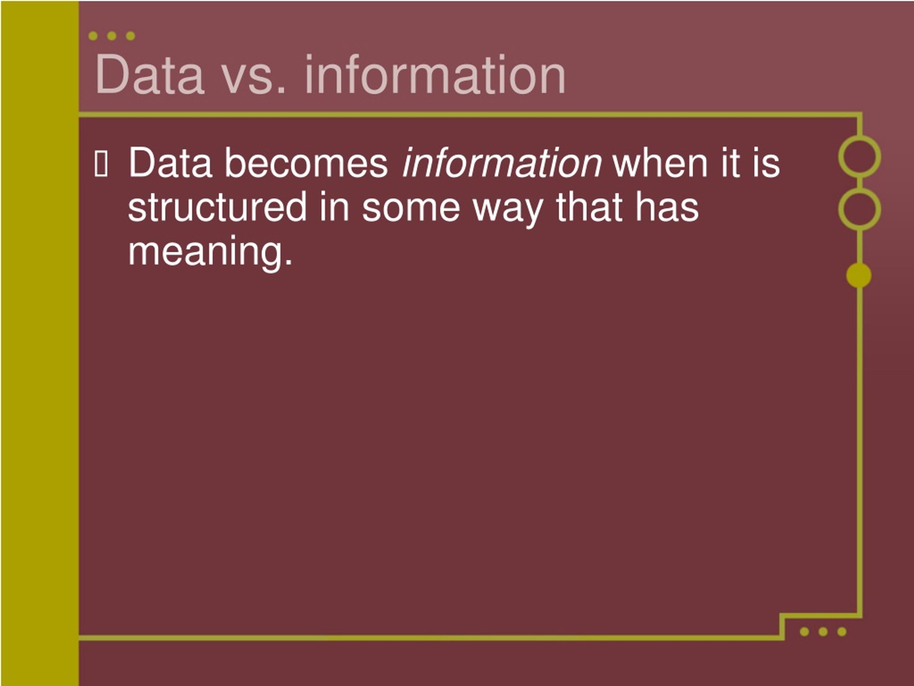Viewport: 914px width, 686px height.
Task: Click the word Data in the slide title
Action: [150, 75]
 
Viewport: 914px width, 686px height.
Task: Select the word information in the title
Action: [435, 75]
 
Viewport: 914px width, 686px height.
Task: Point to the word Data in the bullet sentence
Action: [170, 163]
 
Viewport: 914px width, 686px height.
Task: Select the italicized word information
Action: [502, 163]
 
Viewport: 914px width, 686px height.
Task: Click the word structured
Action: [217, 207]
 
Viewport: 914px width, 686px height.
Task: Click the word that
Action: [590, 207]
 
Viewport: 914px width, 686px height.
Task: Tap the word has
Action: [667, 207]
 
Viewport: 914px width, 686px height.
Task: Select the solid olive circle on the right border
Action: [859, 275]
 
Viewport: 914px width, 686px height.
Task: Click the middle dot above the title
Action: [111, 36]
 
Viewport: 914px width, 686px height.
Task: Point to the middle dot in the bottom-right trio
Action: [823, 631]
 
